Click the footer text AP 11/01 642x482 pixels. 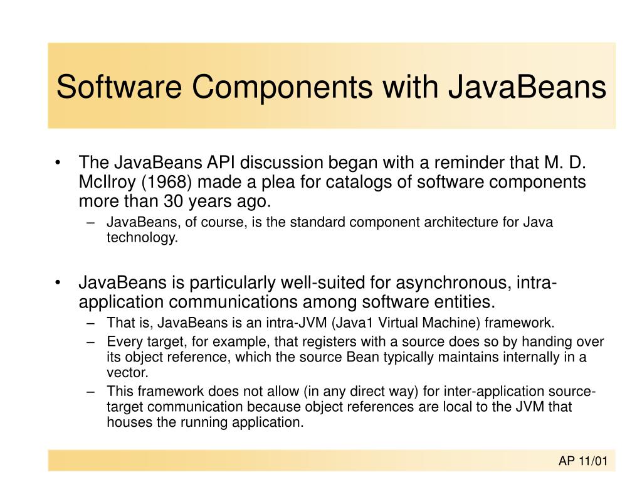(x=583, y=461)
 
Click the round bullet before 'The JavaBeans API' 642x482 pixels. (x=58, y=163)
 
